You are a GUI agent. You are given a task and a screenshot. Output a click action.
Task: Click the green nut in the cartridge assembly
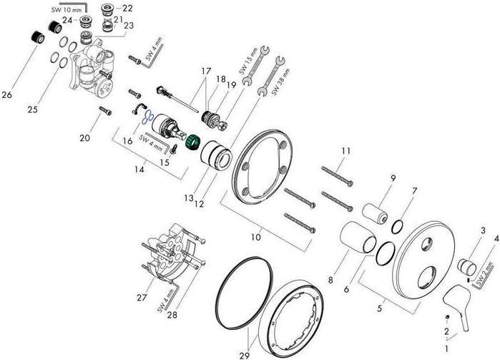191,141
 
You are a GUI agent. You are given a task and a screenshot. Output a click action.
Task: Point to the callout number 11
346,151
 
